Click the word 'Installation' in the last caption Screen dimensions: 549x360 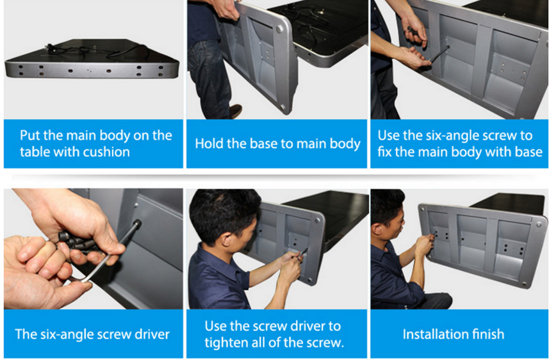coord(435,334)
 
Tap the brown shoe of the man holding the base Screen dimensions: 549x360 coord(236,111)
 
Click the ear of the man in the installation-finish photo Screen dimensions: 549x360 coord(377,230)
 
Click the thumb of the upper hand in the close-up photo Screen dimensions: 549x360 coord(111,247)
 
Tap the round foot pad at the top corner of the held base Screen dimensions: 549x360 coord(279,28)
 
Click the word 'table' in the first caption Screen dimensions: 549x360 coord(33,152)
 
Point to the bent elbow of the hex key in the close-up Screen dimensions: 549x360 coord(83,279)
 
